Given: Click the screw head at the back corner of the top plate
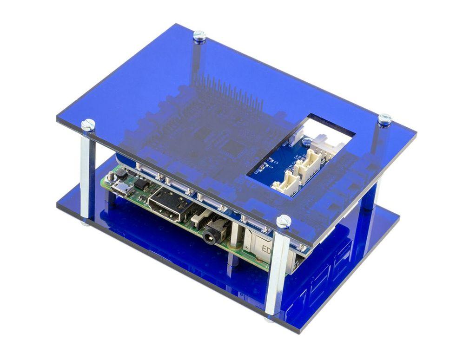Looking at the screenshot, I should coord(199,34).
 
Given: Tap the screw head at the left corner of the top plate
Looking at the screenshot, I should coord(88,124).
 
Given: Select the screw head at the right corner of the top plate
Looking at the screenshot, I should coord(384,119).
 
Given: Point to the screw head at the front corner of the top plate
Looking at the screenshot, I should coord(284,221).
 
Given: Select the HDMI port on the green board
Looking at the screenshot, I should coord(167,204).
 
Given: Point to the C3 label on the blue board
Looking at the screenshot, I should coord(276,163).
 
